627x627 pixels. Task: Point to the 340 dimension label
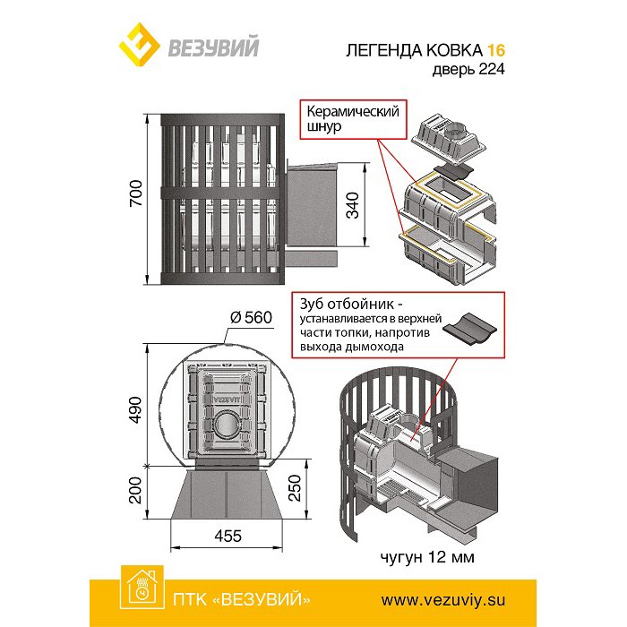[x=353, y=206]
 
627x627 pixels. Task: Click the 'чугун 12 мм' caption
[x=425, y=559]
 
